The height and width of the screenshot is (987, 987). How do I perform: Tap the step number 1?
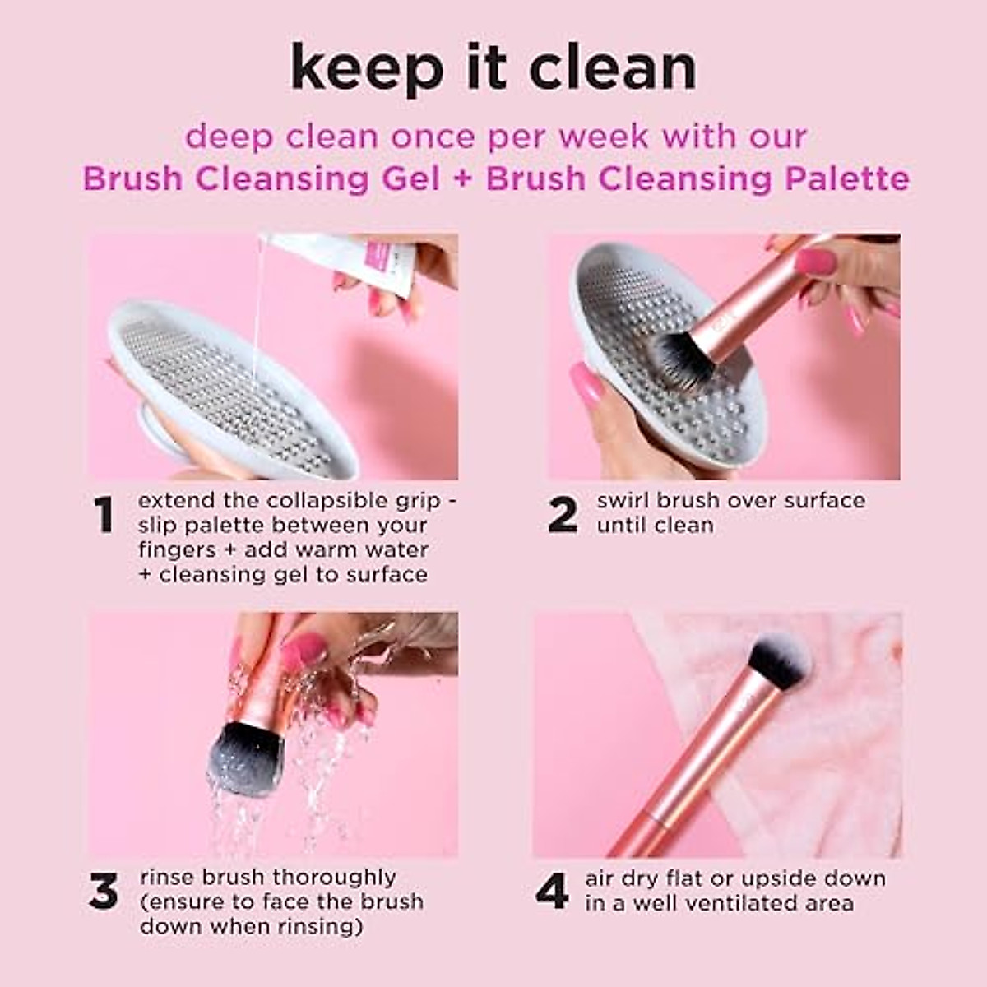click(104, 516)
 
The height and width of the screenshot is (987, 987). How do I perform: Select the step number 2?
click(563, 516)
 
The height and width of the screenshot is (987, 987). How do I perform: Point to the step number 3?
click(104, 892)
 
